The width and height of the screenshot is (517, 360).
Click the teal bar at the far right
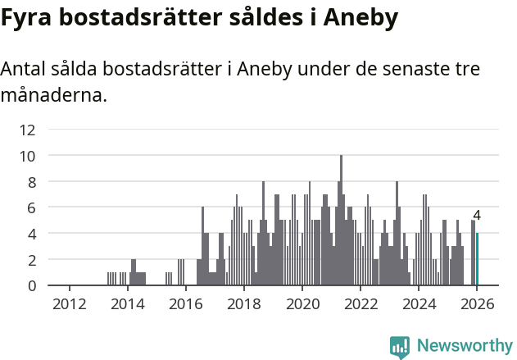tap(478, 259)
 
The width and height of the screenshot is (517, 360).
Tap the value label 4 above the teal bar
tap(477, 216)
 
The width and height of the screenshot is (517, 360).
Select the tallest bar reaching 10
tap(341, 220)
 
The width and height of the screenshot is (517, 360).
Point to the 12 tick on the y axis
tap(28, 129)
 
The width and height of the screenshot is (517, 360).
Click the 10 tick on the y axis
tap(28, 155)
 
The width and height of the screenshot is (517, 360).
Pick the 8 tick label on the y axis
tap(30, 181)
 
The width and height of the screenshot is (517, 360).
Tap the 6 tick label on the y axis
tap(30, 207)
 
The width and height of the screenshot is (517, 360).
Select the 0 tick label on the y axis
tap(30, 285)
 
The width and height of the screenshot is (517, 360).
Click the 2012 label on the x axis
tap(69, 304)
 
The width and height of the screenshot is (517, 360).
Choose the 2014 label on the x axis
tap(127, 304)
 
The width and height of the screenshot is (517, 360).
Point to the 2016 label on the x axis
tap(185, 304)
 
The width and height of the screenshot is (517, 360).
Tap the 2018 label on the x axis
tap(243, 304)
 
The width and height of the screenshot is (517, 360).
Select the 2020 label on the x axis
tap(302, 304)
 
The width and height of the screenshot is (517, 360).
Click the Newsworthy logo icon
tap(400, 347)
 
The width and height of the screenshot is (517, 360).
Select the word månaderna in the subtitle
tap(53, 96)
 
